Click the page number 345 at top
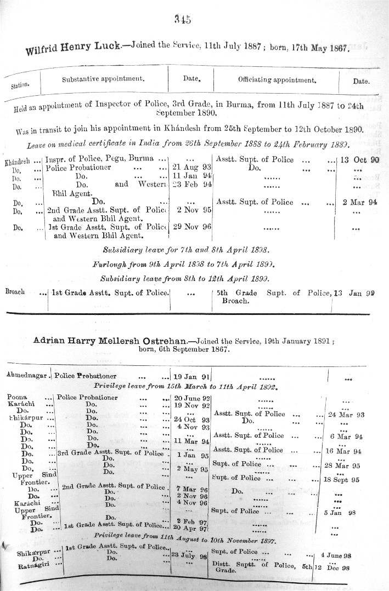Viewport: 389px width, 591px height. point(182,20)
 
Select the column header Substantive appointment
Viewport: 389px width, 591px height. point(103,79)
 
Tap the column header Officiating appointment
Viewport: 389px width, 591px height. point(277,80)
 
